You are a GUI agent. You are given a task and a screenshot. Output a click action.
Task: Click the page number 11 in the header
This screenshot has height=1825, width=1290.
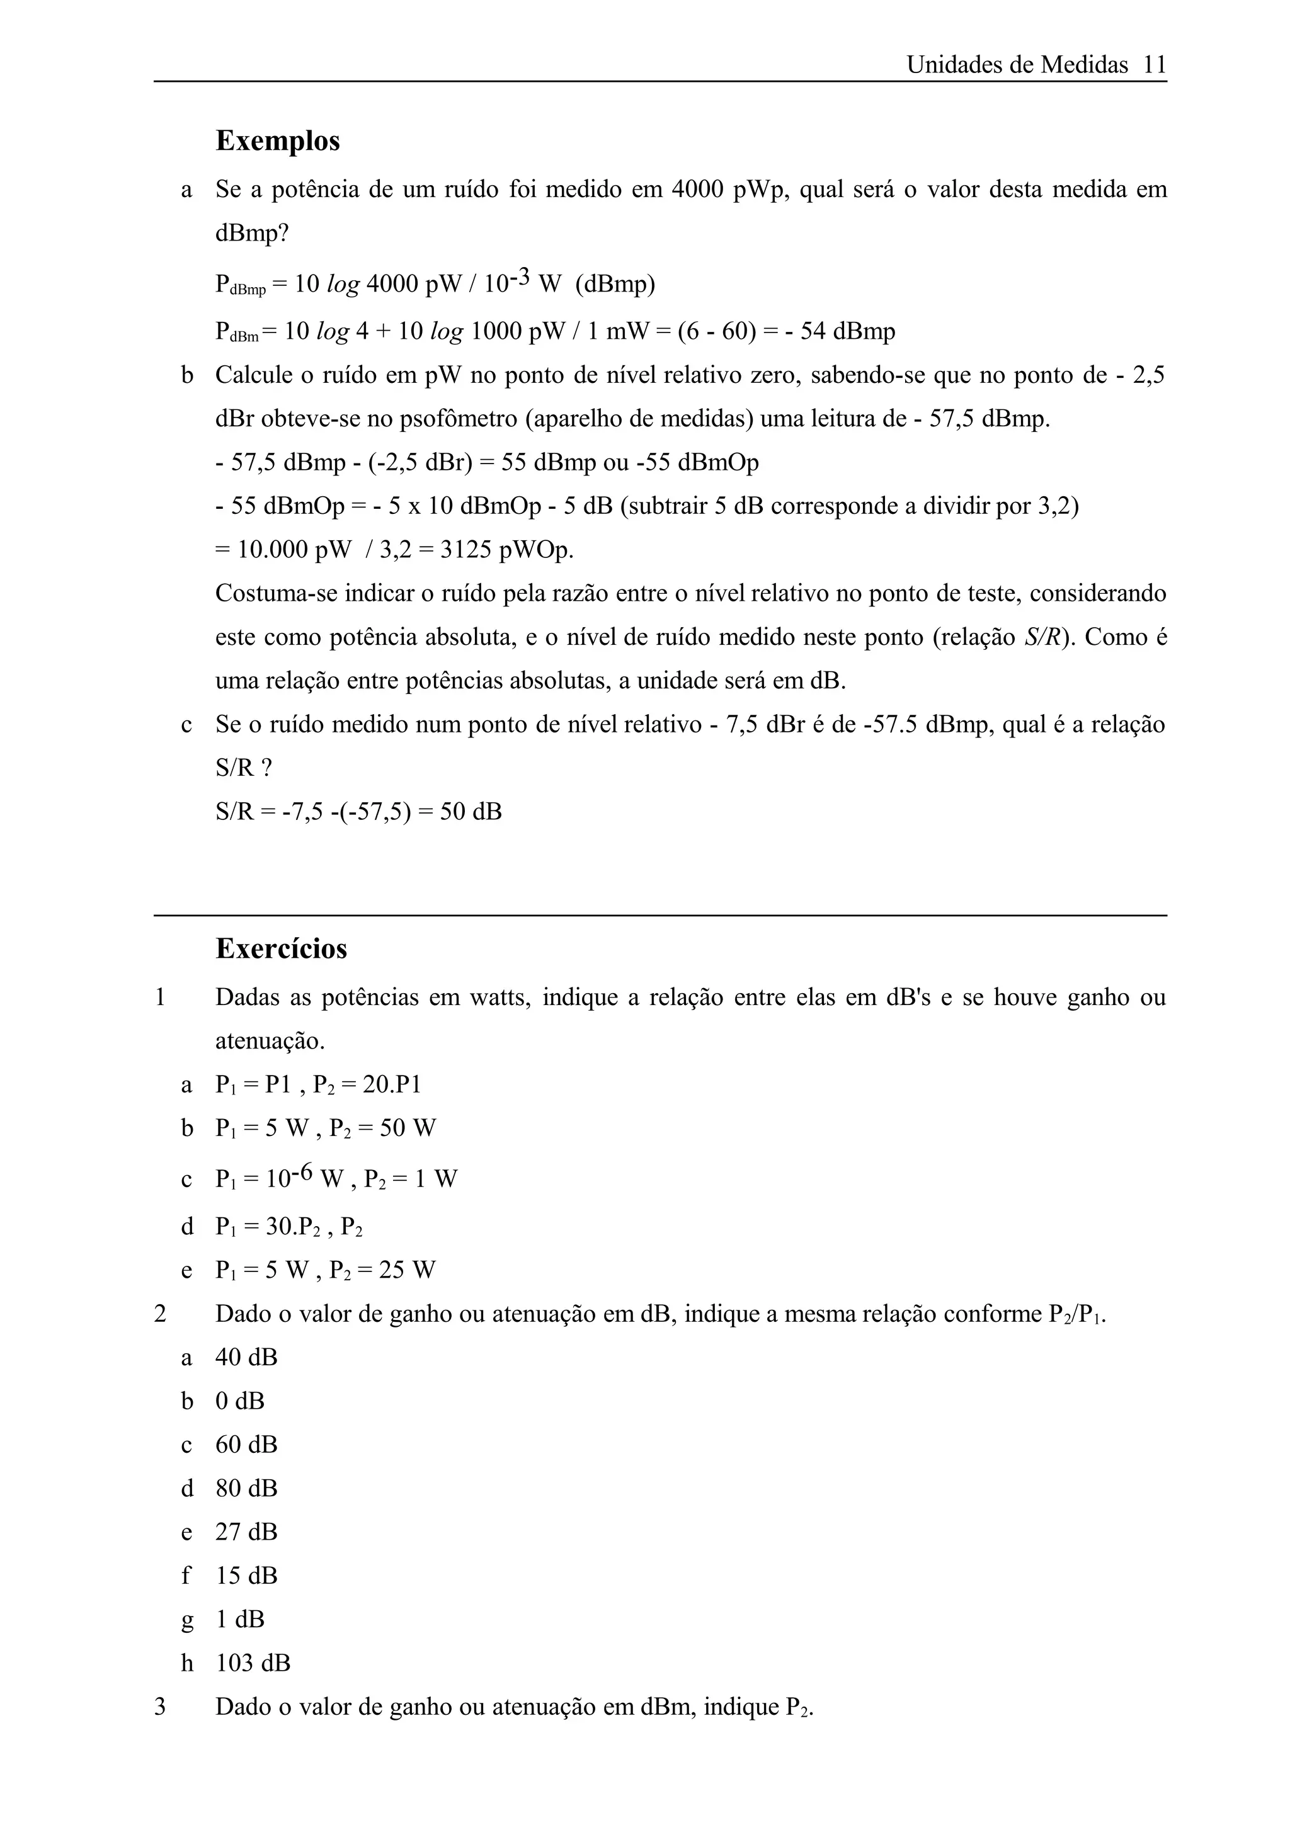coord(1154,65)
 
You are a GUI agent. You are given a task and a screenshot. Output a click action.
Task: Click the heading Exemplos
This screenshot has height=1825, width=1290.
coord(277,140)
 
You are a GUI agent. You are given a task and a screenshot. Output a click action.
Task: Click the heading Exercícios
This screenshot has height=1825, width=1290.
coord(282,948)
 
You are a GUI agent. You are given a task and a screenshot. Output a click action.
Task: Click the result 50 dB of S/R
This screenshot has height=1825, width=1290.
coord(471,812)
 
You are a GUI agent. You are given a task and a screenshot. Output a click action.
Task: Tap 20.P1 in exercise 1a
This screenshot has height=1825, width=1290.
coord(392,1085)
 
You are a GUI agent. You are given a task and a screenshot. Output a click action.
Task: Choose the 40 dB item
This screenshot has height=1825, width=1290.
coord(246,1358)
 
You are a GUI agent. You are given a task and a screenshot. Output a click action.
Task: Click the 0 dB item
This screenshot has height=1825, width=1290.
coord(240,1401)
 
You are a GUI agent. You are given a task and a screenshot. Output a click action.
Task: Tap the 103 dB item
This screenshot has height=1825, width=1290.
coord(253,1663)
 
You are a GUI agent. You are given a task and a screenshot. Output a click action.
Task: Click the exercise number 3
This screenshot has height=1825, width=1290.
coord(160,1707)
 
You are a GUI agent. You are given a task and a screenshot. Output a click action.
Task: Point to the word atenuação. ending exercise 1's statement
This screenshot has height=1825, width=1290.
coord(270,1041)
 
